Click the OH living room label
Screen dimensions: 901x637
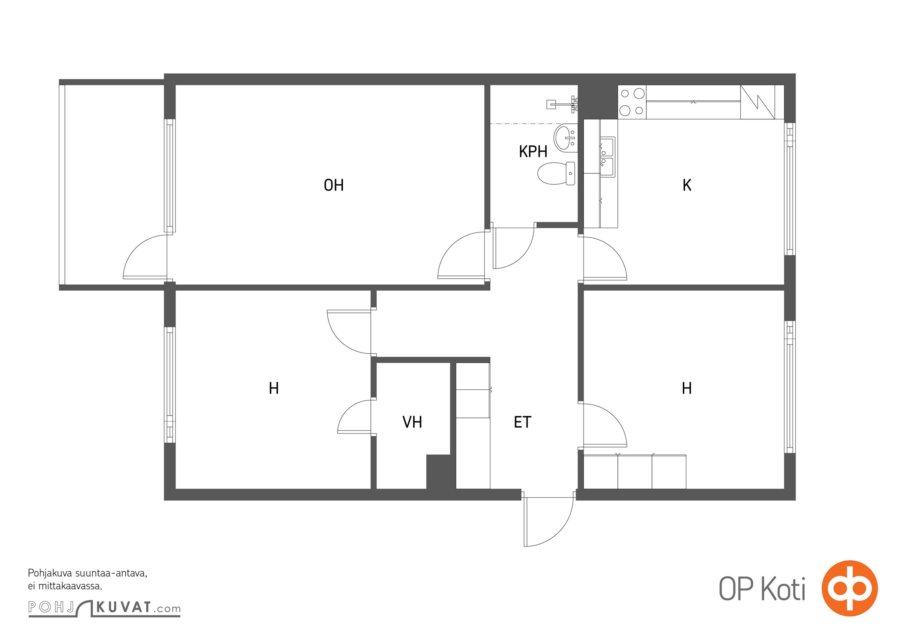pyautogui.click(x=333, y=185)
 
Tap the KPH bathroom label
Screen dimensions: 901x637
pyautogui.click(x=533, y=152)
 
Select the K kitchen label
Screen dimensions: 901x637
pyautogui.click(x=687, y=185)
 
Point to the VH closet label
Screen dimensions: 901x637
pyautogui.click(x=412, y=422)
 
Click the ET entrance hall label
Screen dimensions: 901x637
pyautogui.click(x=523, y=422)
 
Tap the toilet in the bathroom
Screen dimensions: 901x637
pyautogui.click(x=556, y=174)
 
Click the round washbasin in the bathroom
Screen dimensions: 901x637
pyautogui.click(x=566, y=137)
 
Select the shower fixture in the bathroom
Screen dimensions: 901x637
pyautogui.click(x=562, y=103)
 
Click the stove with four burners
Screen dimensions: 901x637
pyautogui.click(x=632, y=102)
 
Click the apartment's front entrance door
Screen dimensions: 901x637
pyautogui.click(x=549, y=522)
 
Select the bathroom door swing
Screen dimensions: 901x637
pyautogui.click(x=513, y=248)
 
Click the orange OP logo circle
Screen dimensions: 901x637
pyautogui.click(x=850, y=588)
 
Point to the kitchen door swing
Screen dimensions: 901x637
pyautogui.click(x=605, y=258)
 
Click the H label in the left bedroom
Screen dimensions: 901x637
pyautogui.click(x=274, y=388)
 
